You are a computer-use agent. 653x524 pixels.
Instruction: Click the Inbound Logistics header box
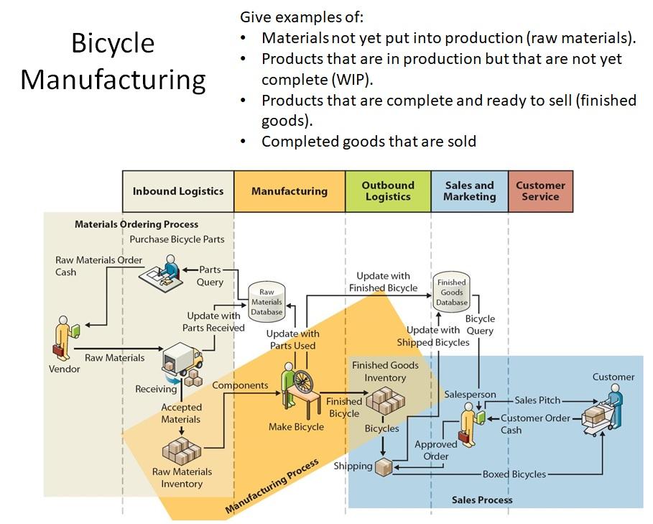(x=178, y=191)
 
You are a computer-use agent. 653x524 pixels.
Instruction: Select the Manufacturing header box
(x=289, y=191)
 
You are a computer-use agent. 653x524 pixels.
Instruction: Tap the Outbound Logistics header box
(x=388, y=191)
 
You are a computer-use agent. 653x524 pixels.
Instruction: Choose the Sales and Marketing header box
(x=469, y=191)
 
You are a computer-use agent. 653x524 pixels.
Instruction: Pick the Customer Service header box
(x=540, y=191)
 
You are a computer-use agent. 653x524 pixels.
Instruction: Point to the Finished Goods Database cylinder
(x=452, y=292)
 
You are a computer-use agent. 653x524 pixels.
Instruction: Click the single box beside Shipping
(x=385, y=466)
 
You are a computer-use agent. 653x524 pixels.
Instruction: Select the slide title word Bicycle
(x=113, y=44)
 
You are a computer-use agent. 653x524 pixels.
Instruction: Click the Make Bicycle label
(x=296, y=427)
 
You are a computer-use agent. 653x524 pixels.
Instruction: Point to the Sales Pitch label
(x=537, y=400)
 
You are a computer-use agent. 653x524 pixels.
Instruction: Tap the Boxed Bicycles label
(x=514, y=474)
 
